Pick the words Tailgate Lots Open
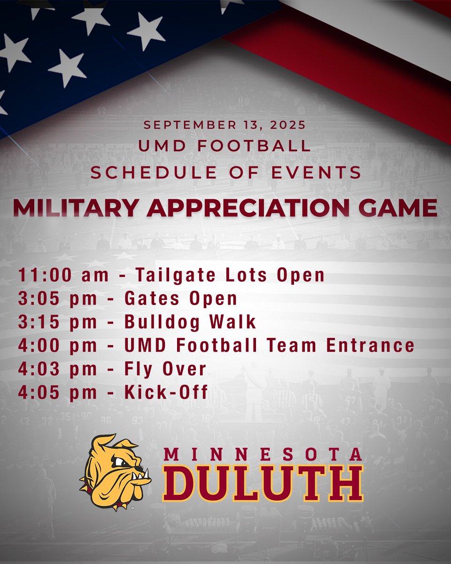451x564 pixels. (x=230, y=275)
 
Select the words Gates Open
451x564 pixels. (x=180, y=298)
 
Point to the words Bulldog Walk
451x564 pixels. (x=190, y=322)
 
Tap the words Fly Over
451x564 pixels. (x=165, y=369)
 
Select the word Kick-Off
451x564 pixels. (x=166, y=392)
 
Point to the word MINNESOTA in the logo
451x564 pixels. (x=263, y=454)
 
